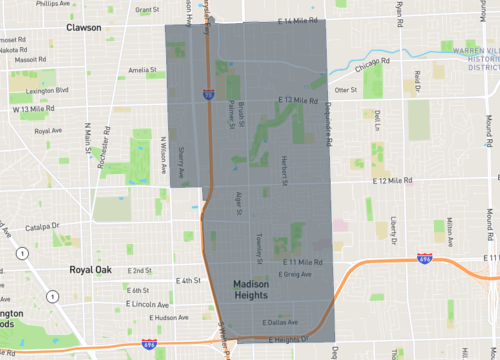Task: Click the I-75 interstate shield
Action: coord(207,95)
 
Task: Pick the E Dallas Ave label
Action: coord(280,323)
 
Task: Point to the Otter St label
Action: coord(346,90)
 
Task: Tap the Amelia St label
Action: coord(142,71)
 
